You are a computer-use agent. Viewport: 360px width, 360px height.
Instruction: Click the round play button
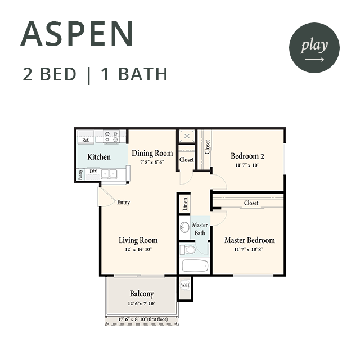(314, 48)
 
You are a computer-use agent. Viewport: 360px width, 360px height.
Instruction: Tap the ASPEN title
(77, 34)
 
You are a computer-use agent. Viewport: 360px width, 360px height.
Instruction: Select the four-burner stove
(111, 137)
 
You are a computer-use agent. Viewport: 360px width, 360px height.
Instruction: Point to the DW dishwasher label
(93, 171)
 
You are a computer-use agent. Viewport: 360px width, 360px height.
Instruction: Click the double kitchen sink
(109, 174)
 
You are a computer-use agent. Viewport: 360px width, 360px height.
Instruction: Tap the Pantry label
(80, 175)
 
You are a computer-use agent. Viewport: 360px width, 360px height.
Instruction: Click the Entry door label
(124, 202)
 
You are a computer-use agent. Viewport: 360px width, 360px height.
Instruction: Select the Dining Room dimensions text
(152, 162)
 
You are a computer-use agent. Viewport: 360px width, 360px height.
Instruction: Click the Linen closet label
(185, 204)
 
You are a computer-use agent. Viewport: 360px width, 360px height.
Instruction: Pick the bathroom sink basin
(184, 227)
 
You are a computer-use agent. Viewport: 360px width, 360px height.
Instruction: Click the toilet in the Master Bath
(187, 250)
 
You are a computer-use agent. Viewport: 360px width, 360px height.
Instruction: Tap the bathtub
(195, 265)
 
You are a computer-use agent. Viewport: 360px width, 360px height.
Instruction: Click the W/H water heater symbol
(185, 285)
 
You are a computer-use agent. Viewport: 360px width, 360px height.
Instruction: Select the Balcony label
(142, 294)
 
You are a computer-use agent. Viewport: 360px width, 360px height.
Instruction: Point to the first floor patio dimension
(143, 319)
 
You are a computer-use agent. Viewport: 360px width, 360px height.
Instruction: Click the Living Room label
(138, 240)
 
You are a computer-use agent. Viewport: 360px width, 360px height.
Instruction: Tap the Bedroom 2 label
(247, 156)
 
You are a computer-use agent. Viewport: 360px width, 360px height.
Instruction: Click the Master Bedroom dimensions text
(249, 249)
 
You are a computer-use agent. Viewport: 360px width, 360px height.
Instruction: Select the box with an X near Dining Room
(187, 136)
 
